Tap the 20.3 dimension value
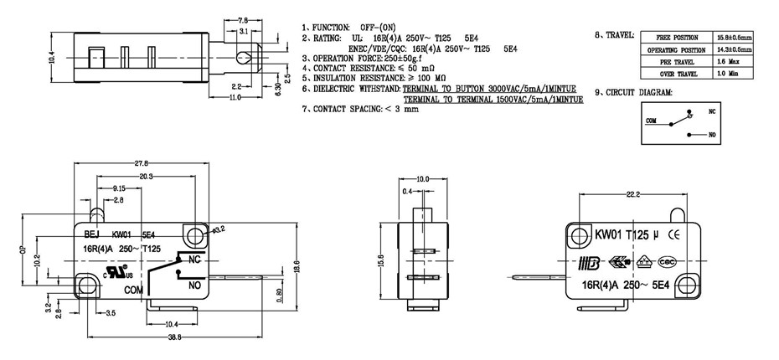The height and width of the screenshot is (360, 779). pos(146,177)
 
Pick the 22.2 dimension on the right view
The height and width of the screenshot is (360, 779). pos(632,194)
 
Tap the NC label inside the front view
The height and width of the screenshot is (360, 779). pos(192,260)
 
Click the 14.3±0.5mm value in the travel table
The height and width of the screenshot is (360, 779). pos(734,49)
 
